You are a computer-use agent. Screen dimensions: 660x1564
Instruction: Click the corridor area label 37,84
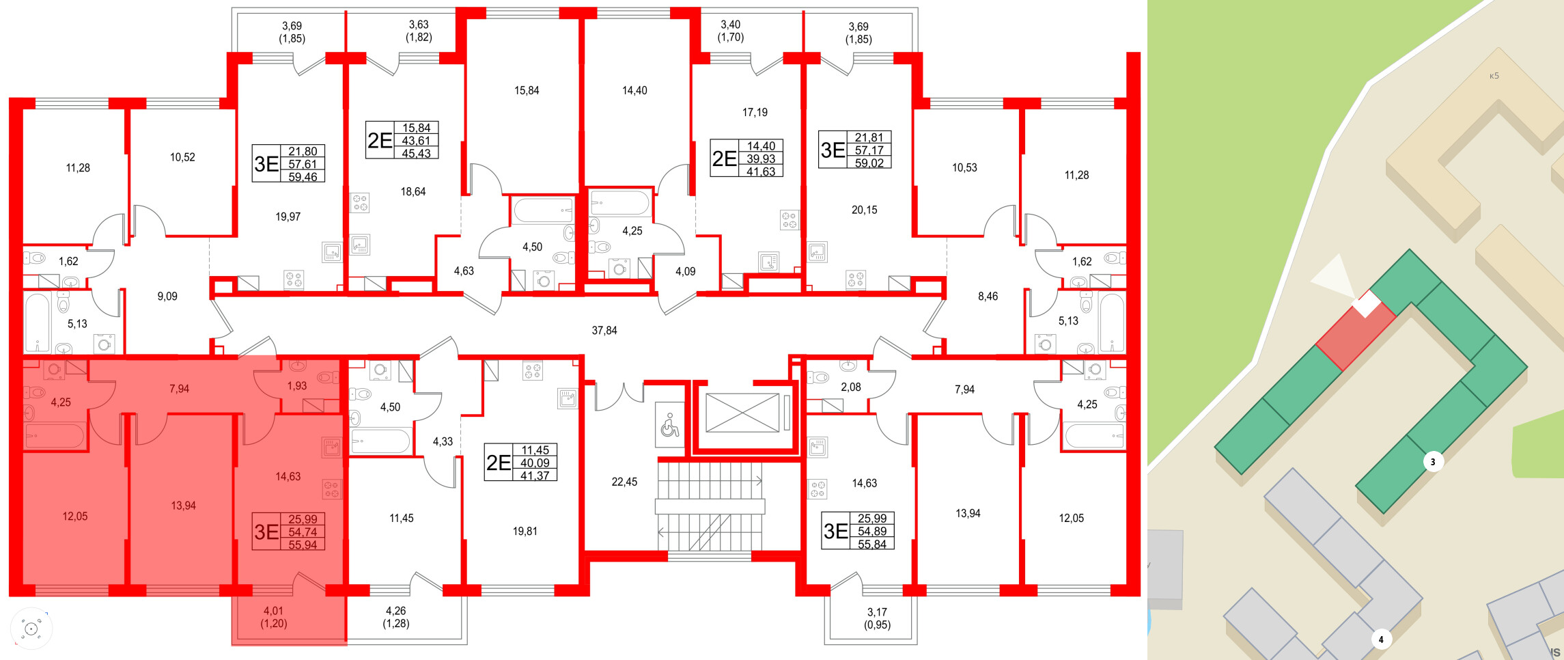(x=604, y=331)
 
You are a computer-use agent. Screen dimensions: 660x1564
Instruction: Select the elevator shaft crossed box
(x=742, y=413)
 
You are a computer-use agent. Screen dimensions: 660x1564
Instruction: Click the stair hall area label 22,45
(x=624, y=482)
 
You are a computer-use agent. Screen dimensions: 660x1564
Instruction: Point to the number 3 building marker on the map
(x=1432, y=462)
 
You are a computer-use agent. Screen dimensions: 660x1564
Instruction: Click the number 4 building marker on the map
(x=1380, y=640)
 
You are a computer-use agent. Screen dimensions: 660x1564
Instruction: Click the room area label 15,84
(x=527, y=90)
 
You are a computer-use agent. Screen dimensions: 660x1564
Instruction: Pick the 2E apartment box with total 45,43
(x=402, y=141)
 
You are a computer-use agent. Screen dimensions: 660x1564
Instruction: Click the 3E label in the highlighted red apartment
(x=266, y=532)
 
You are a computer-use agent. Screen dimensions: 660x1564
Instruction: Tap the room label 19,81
(x=525, y=531)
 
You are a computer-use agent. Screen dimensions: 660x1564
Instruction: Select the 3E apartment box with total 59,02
(x=855, y=150)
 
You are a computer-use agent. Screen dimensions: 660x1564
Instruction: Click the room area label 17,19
(x=755, y=112)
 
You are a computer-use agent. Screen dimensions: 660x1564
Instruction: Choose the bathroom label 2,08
(x=850, y=387)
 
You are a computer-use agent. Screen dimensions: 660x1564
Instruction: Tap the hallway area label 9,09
(x=167, y=297)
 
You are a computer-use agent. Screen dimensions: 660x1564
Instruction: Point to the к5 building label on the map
(x=1494, y=76)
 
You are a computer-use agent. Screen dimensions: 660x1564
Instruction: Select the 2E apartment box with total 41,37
(x=520, y=463)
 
